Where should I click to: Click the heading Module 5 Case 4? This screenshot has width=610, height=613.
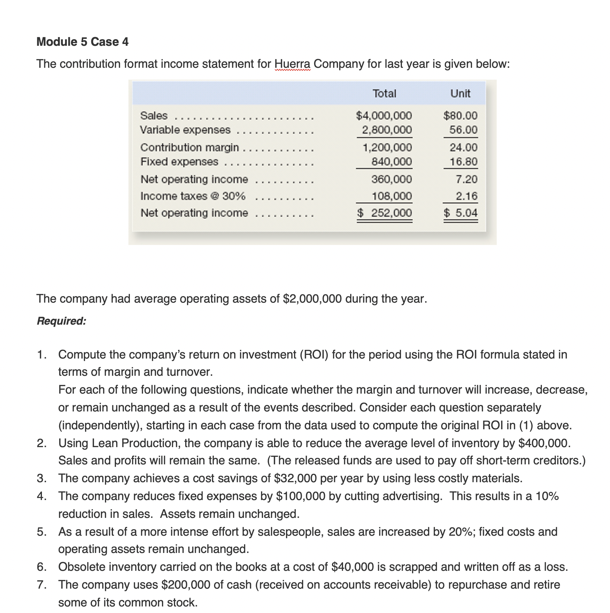click(82, 42)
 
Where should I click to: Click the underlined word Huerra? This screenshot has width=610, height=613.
click(292, 64)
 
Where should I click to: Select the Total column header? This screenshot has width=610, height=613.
click(384, 94)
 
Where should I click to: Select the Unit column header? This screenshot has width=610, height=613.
click(460, 94)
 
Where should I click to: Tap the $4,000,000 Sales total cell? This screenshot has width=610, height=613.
click(384, 115)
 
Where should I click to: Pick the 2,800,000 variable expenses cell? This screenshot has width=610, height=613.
click(387, 130)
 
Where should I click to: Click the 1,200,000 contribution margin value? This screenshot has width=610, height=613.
click(387, 147)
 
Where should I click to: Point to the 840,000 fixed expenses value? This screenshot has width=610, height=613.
click(392, 162)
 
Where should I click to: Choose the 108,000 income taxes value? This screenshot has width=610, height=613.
click(392, 196)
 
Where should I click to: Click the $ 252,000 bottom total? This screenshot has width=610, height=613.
click(384, 213)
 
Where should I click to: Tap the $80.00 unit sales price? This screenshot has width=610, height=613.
click(460, 115)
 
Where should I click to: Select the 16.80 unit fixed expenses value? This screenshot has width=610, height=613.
click(463, 162)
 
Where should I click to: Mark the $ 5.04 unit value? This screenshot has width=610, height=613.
click(460, 213)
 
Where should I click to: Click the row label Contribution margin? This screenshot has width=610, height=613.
click(189, 147)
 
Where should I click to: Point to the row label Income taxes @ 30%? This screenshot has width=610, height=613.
click(193, 196)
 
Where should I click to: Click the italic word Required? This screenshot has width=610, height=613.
click(62, 321)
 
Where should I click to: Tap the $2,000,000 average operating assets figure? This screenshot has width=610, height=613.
click(312, 299)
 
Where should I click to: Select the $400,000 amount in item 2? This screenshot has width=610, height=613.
click(544, 443)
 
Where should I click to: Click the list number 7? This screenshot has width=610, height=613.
click(41, 585)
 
